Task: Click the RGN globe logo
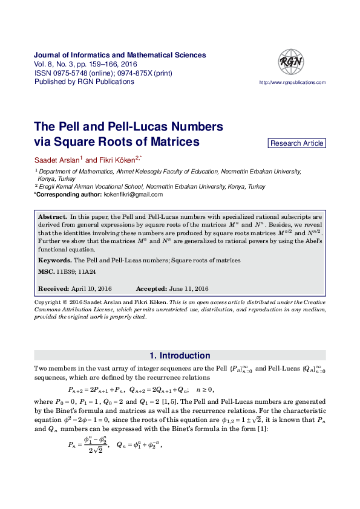point(291,61)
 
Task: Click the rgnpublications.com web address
point(292,82)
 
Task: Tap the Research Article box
point(297,143)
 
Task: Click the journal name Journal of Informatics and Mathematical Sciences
point(120,55)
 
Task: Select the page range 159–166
point(104,64)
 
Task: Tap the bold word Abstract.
point(52,216)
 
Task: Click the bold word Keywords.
point(55,260)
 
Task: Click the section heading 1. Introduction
point(180,355)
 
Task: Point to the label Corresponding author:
point(67,195)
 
